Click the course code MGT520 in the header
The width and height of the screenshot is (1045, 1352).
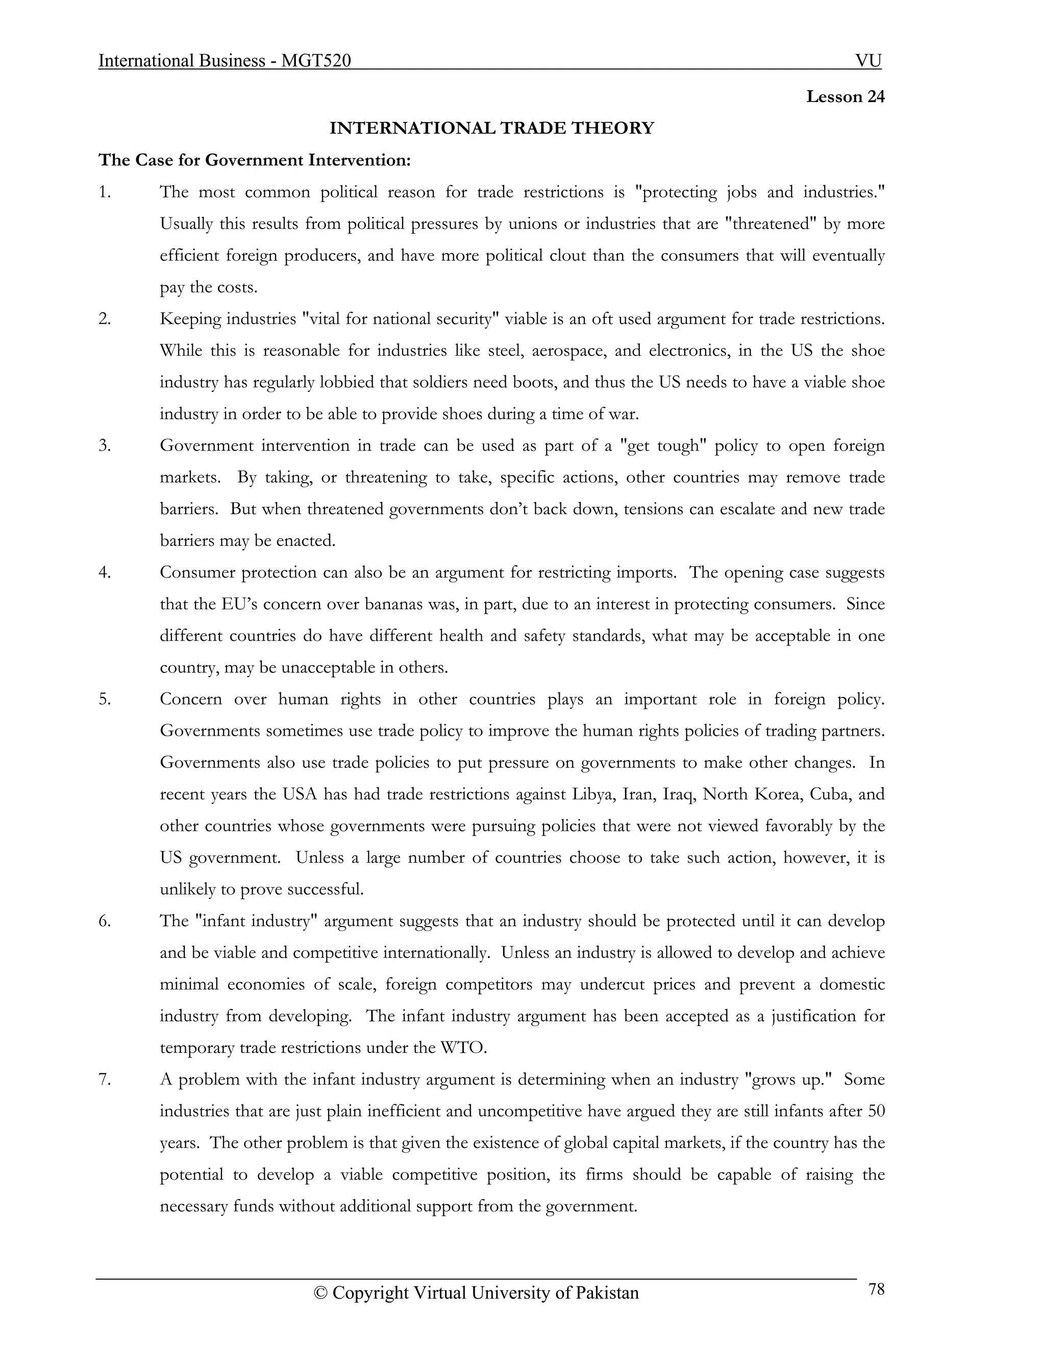[316, 61]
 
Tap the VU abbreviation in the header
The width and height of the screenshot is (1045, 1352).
[868, 61]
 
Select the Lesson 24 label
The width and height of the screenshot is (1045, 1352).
[845, 96]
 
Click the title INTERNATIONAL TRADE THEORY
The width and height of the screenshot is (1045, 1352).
[491, 128]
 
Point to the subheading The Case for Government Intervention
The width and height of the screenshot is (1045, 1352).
[255, 160]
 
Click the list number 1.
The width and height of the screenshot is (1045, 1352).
[105, 192]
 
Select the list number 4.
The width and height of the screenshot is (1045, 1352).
[105, 572]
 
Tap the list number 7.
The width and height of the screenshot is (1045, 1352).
[105, 1079]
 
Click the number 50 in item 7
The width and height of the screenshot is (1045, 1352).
[876, 1111]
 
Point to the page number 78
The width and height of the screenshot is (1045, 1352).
[876, 1289]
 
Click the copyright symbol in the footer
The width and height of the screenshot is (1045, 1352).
[320, 1293]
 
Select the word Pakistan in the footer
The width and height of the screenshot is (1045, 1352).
[607, 1293]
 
